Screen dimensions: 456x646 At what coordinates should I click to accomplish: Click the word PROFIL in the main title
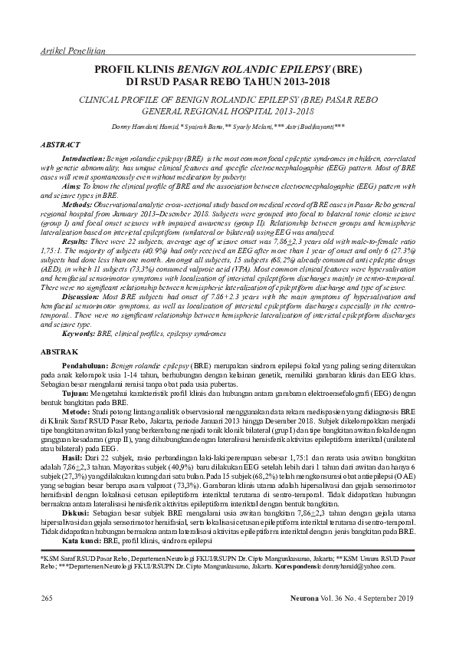point(113,69)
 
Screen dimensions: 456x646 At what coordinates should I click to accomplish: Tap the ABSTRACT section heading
point(61,144)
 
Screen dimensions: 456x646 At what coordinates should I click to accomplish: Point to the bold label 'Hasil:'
point(72,456)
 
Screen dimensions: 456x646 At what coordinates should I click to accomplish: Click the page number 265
point(46,596)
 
